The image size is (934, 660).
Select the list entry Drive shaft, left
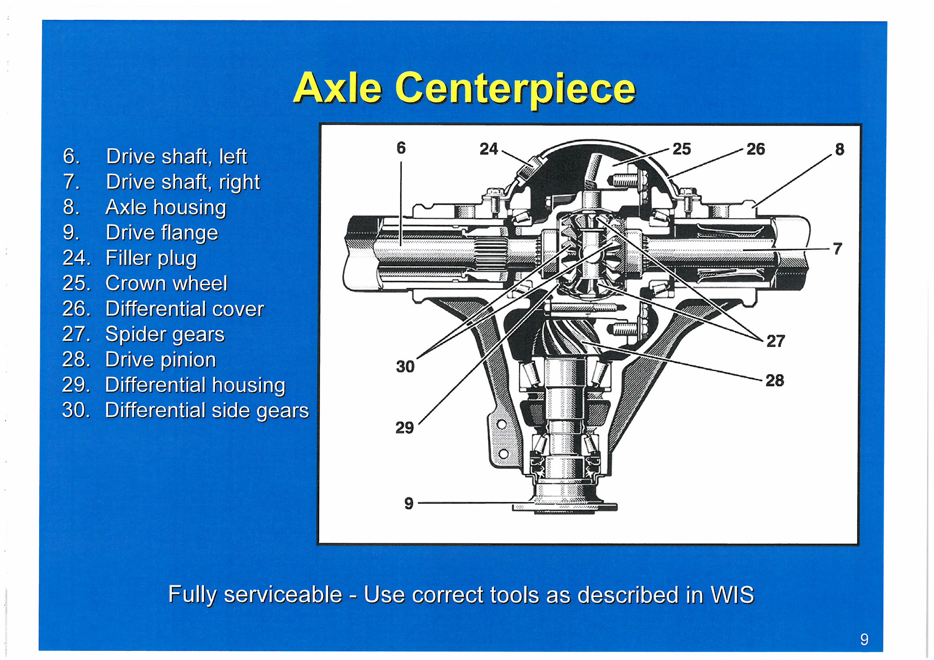pyautogui.click(x=155, y=157)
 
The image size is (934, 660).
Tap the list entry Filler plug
pyautogui.click(x=130, y=258)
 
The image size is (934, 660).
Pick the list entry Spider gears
pyautogui.click(x=143, y=335)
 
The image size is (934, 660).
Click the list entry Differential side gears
pyautogui.click(x=185, y=410)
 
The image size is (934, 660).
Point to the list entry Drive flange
pyautogui.click(x=141, y=233)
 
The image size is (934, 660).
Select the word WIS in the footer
pyautogui.click(x=732, y=595)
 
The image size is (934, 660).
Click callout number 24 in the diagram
pyautogui.click(x=489, y=149)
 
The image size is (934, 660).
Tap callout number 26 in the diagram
pyautogui.click(x=755, y=149)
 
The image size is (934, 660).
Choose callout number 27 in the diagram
pyautogui.click(x=776, y=341)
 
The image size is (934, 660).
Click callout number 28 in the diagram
pyautogui.click(x=775, y=381)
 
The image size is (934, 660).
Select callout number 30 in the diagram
pyautogui.click(x=405, y=367)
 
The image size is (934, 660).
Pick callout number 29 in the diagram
pyautogui.click(x=405, y=428)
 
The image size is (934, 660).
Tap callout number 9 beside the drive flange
pyautogui.click(x=409, y=503)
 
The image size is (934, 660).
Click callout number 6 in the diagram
pyautogui.click(x=401, y=148)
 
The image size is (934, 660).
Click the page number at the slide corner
pyautogui.click(x=864, y=640)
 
